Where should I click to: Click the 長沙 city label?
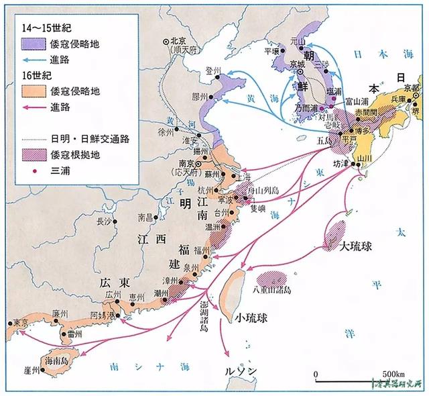click(x=104, y=221)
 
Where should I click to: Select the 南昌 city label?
click(x=145, y=217)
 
